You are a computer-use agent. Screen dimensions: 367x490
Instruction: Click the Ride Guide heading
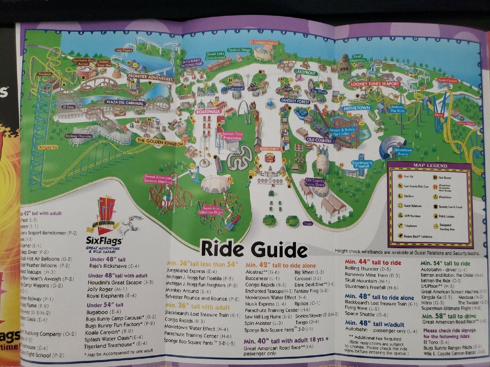click(254, 249)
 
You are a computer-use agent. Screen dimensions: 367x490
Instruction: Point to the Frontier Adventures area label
click(150, 76)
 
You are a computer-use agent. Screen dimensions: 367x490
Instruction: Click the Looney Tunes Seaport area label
click(374, 84)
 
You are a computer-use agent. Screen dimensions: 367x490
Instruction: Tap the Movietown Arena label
click(403, 152)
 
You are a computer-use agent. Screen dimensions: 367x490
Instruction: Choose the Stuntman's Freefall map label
click(362, 164)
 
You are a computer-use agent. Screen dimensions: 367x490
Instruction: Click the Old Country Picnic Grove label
click(316, 182)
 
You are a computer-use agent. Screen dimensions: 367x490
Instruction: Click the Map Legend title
click(430, 166)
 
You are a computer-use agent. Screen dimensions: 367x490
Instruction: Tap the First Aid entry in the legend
click(409, 177)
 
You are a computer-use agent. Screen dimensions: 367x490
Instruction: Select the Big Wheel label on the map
click(320, 91)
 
